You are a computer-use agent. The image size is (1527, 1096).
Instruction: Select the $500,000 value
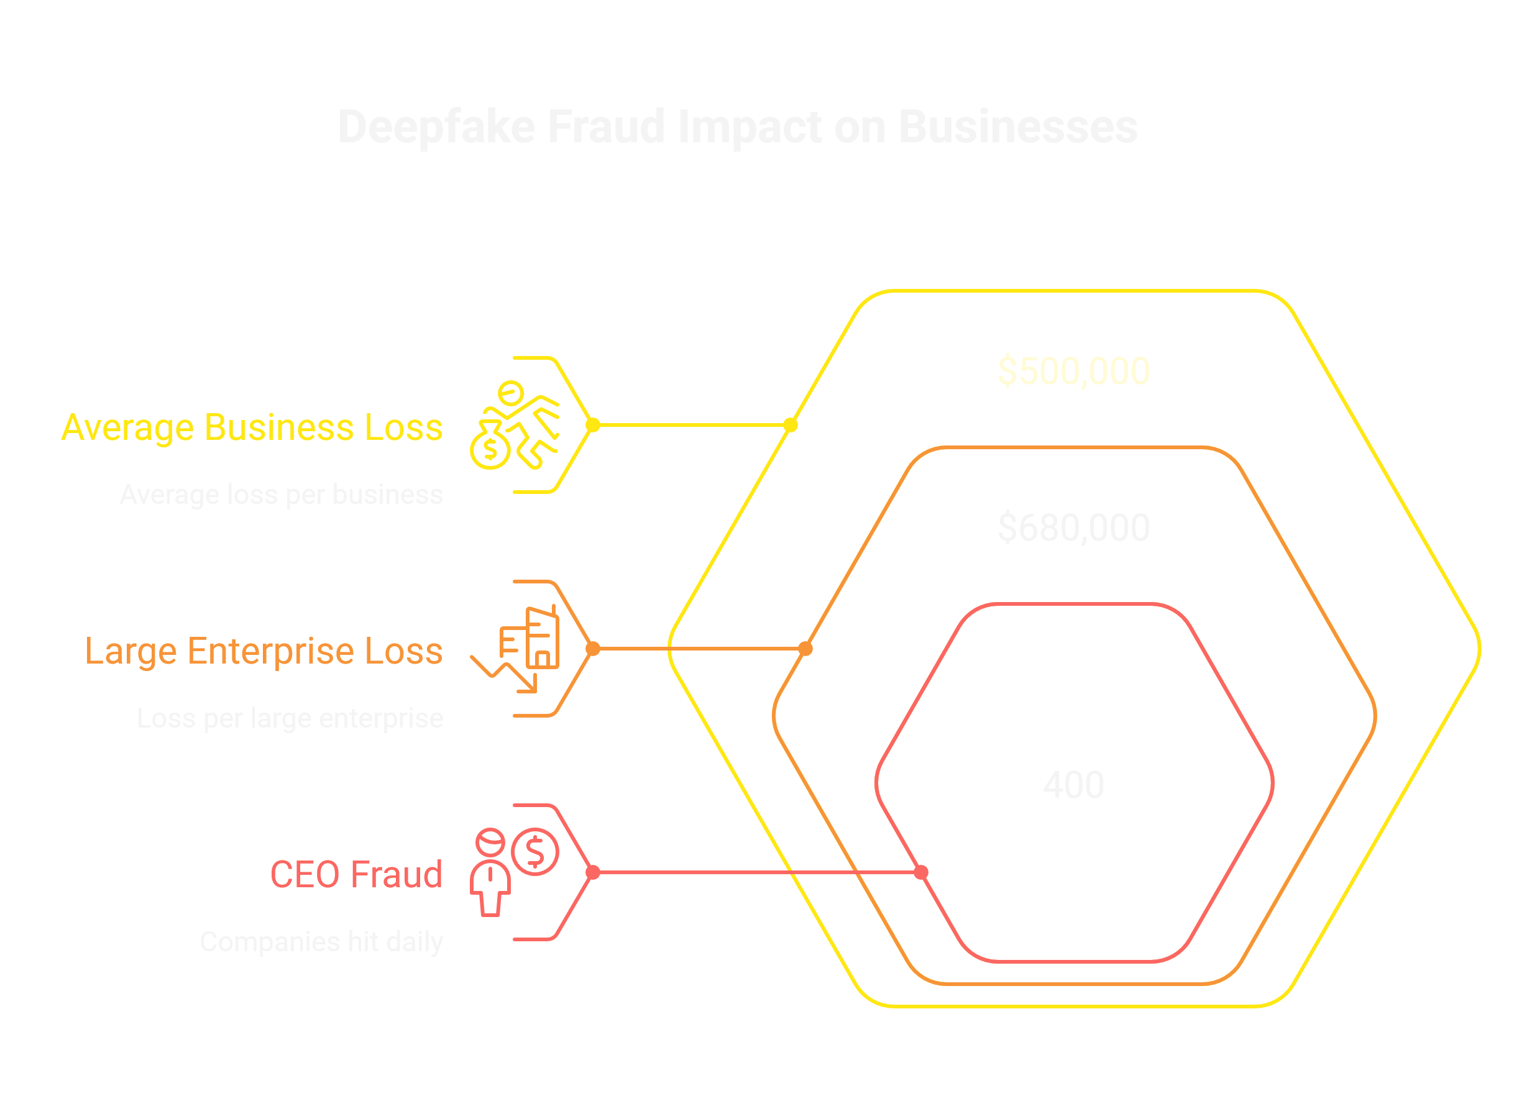tap(1073, 371)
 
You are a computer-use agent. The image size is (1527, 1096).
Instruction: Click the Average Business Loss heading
tap(252, 427)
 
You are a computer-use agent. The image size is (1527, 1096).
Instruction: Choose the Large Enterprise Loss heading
tap(264, 651)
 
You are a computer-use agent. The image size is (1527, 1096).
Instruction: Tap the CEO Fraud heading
tap(356, 875)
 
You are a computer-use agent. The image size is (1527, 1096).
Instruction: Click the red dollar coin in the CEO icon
tap(534, 851)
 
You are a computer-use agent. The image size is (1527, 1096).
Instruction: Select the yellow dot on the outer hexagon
tap(791, 425)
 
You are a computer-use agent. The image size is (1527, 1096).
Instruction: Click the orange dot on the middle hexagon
tap(805, 648)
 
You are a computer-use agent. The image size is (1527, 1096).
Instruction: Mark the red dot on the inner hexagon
tap(921, 872)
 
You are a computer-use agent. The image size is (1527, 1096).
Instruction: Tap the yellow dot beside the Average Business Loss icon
tap(592, 425)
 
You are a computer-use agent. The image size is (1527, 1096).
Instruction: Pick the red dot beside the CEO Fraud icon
tap(592, 872)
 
